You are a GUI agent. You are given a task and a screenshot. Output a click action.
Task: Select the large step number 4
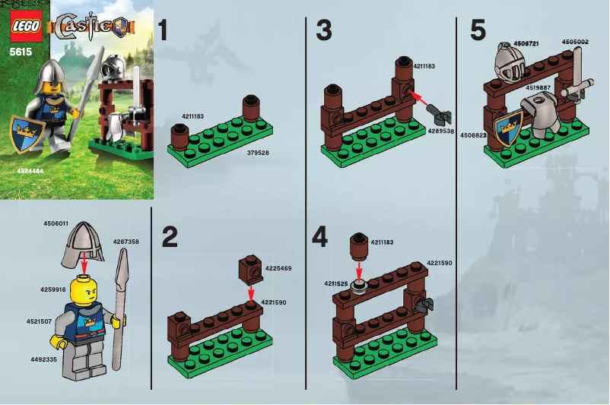320,237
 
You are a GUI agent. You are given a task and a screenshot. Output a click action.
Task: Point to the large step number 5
477,31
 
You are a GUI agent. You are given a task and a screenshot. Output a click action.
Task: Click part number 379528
259,152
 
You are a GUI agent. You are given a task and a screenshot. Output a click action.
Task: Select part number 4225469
278,267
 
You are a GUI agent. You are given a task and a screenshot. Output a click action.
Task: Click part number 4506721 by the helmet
527,43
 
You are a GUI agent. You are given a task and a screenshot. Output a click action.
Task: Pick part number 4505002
575,42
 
